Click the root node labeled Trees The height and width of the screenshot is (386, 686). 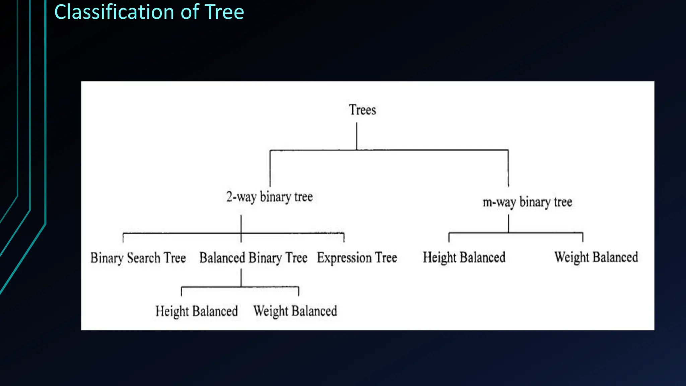tap(362, 110)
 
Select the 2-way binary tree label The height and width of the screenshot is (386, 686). tap(269, 197)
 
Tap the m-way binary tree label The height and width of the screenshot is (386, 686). tap(527, 202)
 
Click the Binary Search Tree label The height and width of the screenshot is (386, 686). tap(138, 258)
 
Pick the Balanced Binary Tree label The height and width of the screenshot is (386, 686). tap(253, 258)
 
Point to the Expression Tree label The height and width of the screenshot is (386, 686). tap(357, 258)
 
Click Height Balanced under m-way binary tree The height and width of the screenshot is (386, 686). tap(464, 257)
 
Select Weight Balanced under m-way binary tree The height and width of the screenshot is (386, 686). tap(596, 257)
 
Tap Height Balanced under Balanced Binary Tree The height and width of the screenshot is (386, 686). tap(197, 311)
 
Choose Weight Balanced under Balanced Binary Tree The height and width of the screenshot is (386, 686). tap(295, 311)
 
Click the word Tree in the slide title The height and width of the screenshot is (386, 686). tap(224, 12)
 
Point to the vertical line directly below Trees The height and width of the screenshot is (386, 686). tap(356, 136)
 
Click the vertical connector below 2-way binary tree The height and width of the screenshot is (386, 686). tap(241, 224)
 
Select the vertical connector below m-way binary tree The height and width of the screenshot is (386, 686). tap(508, 223)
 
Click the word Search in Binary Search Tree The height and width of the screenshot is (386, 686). tap(144, 258)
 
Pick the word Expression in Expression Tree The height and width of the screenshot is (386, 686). tap(344, 258)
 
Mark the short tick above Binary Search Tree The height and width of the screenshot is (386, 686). tap(123, 238)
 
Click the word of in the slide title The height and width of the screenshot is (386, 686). tap(190, 12)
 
